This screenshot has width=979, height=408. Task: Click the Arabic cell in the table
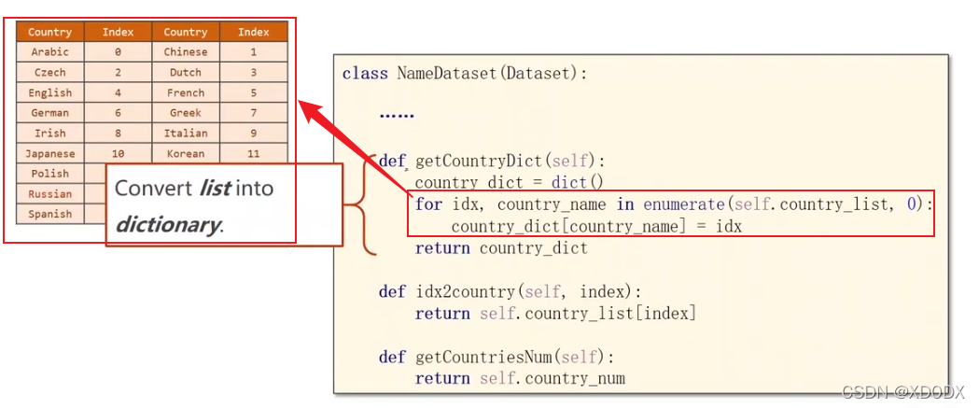pos(49,52)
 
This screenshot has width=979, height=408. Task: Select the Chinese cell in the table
pos(186,52)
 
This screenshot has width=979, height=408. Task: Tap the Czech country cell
pos(49,73)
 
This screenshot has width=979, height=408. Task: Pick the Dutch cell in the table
pos(186,73)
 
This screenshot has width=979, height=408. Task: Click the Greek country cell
pos(186,113)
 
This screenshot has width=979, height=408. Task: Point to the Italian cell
pos(186,134)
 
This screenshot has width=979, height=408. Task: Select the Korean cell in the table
pos(186,154)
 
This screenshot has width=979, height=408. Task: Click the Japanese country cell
pos(49,154)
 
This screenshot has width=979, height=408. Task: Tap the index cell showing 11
pos(253,154)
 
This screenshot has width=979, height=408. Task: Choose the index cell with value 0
pos(118,52)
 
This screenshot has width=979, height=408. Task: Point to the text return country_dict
pos(501,248)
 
